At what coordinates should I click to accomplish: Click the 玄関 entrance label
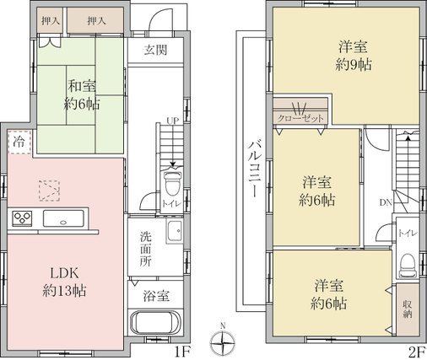[156, 50]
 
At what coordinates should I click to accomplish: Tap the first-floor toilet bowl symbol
[173, 183]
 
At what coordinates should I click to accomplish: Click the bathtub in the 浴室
[155, 322]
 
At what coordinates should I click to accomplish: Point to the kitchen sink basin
[63, 218]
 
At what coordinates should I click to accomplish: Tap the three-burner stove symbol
[22, 218]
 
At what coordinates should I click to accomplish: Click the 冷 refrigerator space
[19, 142]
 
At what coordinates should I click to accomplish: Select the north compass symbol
[223, 341]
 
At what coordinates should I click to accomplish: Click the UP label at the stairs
[173, 121]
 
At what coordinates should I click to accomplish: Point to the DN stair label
[386, 202]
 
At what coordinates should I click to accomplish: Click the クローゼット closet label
[300, 118]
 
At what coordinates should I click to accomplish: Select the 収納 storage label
[407, 309]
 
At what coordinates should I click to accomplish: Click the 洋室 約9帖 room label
[354, 56]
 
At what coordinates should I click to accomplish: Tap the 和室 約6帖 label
[82, 94]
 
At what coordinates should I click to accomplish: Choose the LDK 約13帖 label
[64, 282]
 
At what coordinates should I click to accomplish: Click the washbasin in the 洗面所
[175, 231]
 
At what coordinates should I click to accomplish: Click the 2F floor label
[416, 352]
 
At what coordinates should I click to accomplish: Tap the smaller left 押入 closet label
[51, 21]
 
